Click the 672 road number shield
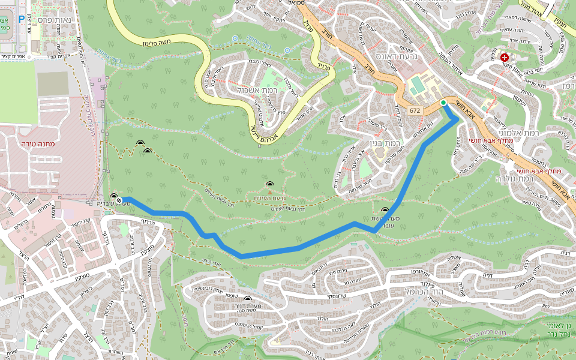416,111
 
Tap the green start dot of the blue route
443,103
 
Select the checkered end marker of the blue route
119,200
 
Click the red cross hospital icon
505,57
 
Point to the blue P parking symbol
22,19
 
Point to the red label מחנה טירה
38,144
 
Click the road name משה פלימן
157,41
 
